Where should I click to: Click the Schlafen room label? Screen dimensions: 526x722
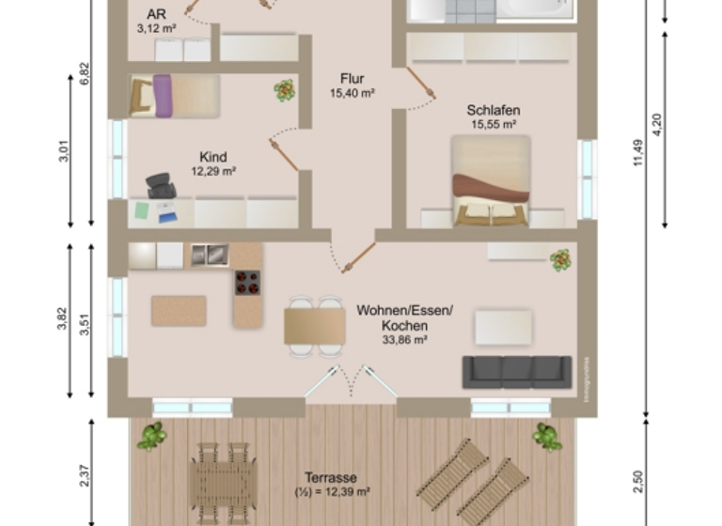click(493, 111)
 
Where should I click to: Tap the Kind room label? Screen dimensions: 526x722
click(213, 157)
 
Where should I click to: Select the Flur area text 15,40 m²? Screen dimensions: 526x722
click(353, 93)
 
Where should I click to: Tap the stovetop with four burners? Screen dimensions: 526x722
click(247, 282)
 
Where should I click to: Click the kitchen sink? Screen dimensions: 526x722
click(209, 255)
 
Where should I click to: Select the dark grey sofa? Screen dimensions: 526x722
click(516, 371)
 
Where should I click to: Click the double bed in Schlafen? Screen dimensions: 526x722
click(491, 180)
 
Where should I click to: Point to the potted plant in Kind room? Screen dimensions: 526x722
click(284, 90)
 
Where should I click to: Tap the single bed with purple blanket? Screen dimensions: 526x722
click(174, 96)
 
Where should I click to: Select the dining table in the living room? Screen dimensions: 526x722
click(315, 325)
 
